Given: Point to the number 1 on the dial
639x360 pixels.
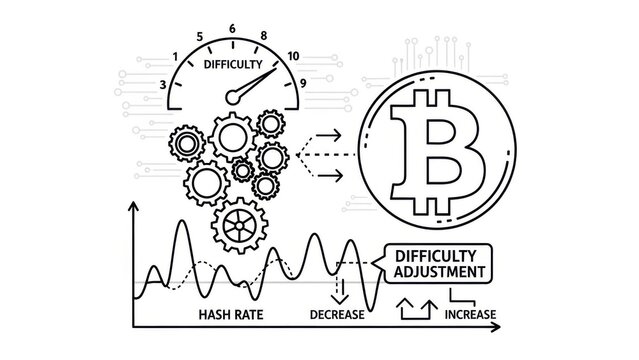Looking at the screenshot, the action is click(x=176, y=56).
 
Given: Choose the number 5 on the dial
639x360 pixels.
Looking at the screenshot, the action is click(x=201, y=37).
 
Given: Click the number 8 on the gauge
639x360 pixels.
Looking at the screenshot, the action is click(x=264, y=37).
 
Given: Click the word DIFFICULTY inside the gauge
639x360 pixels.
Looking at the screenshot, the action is click(x=232, y=66).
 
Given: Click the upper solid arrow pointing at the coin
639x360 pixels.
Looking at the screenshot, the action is click(x=327, y=135).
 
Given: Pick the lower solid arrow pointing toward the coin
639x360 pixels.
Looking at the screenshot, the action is click(x=327, y=176).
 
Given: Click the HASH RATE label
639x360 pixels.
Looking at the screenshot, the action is click(x=230, y=315).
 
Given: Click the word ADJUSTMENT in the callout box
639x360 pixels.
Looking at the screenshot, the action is click(x=435, y=271).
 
